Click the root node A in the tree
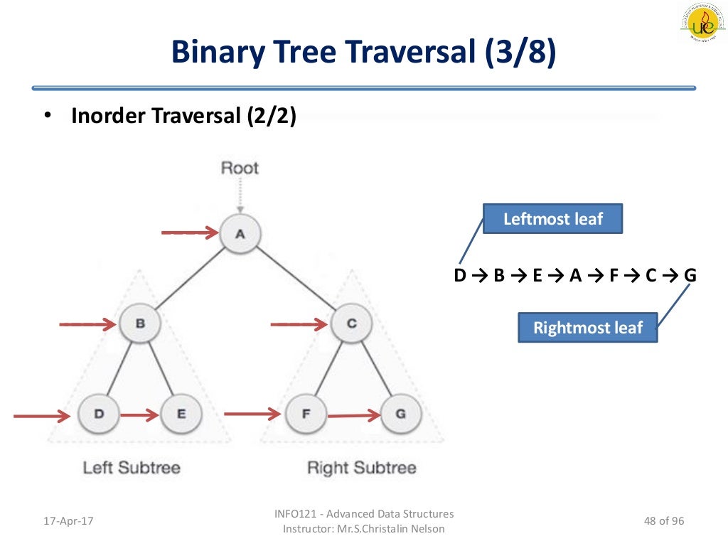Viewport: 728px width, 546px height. pos(240,234)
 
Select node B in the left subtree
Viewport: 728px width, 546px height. pos(140,324)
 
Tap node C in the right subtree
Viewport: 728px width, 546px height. pos(351,324)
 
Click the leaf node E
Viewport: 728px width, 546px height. pos(181,414)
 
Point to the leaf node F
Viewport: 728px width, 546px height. pos(306,414)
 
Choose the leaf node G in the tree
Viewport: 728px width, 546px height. pos(401,414)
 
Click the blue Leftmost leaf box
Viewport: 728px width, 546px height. pos(552,219)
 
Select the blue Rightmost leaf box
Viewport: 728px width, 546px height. pos(587,328)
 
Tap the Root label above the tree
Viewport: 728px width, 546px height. pos(240,168)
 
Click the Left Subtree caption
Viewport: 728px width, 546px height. pos(132,468)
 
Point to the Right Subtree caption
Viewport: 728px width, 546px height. pos(361,468)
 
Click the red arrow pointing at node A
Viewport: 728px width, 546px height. pos(190,232)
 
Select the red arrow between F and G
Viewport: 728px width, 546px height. pos(354,414)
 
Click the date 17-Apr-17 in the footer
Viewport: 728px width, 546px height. pos(69,521)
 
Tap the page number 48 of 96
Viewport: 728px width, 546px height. pos(663,521)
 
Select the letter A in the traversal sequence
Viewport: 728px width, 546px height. pos(576,276)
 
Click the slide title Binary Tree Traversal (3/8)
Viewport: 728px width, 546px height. pos(363,53)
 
